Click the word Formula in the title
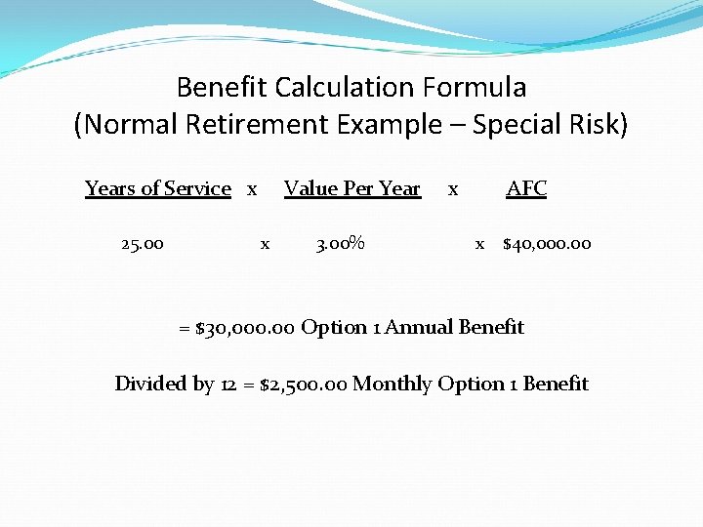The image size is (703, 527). pos(475,88)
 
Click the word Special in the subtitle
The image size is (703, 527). pos(516,125)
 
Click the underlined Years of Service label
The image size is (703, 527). pos(158,188)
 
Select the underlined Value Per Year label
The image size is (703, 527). pos(351,188)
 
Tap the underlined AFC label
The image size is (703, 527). pos(526,188)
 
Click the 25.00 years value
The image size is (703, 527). pos(143,243)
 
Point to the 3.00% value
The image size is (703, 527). pos(340,243)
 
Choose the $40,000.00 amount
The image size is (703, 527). pos(547,243)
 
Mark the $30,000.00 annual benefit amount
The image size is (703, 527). pos(245,328)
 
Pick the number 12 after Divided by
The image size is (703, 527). pos(229,384)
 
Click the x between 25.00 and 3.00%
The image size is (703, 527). pos(265,244)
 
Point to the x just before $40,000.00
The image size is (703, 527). pos(479,244)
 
